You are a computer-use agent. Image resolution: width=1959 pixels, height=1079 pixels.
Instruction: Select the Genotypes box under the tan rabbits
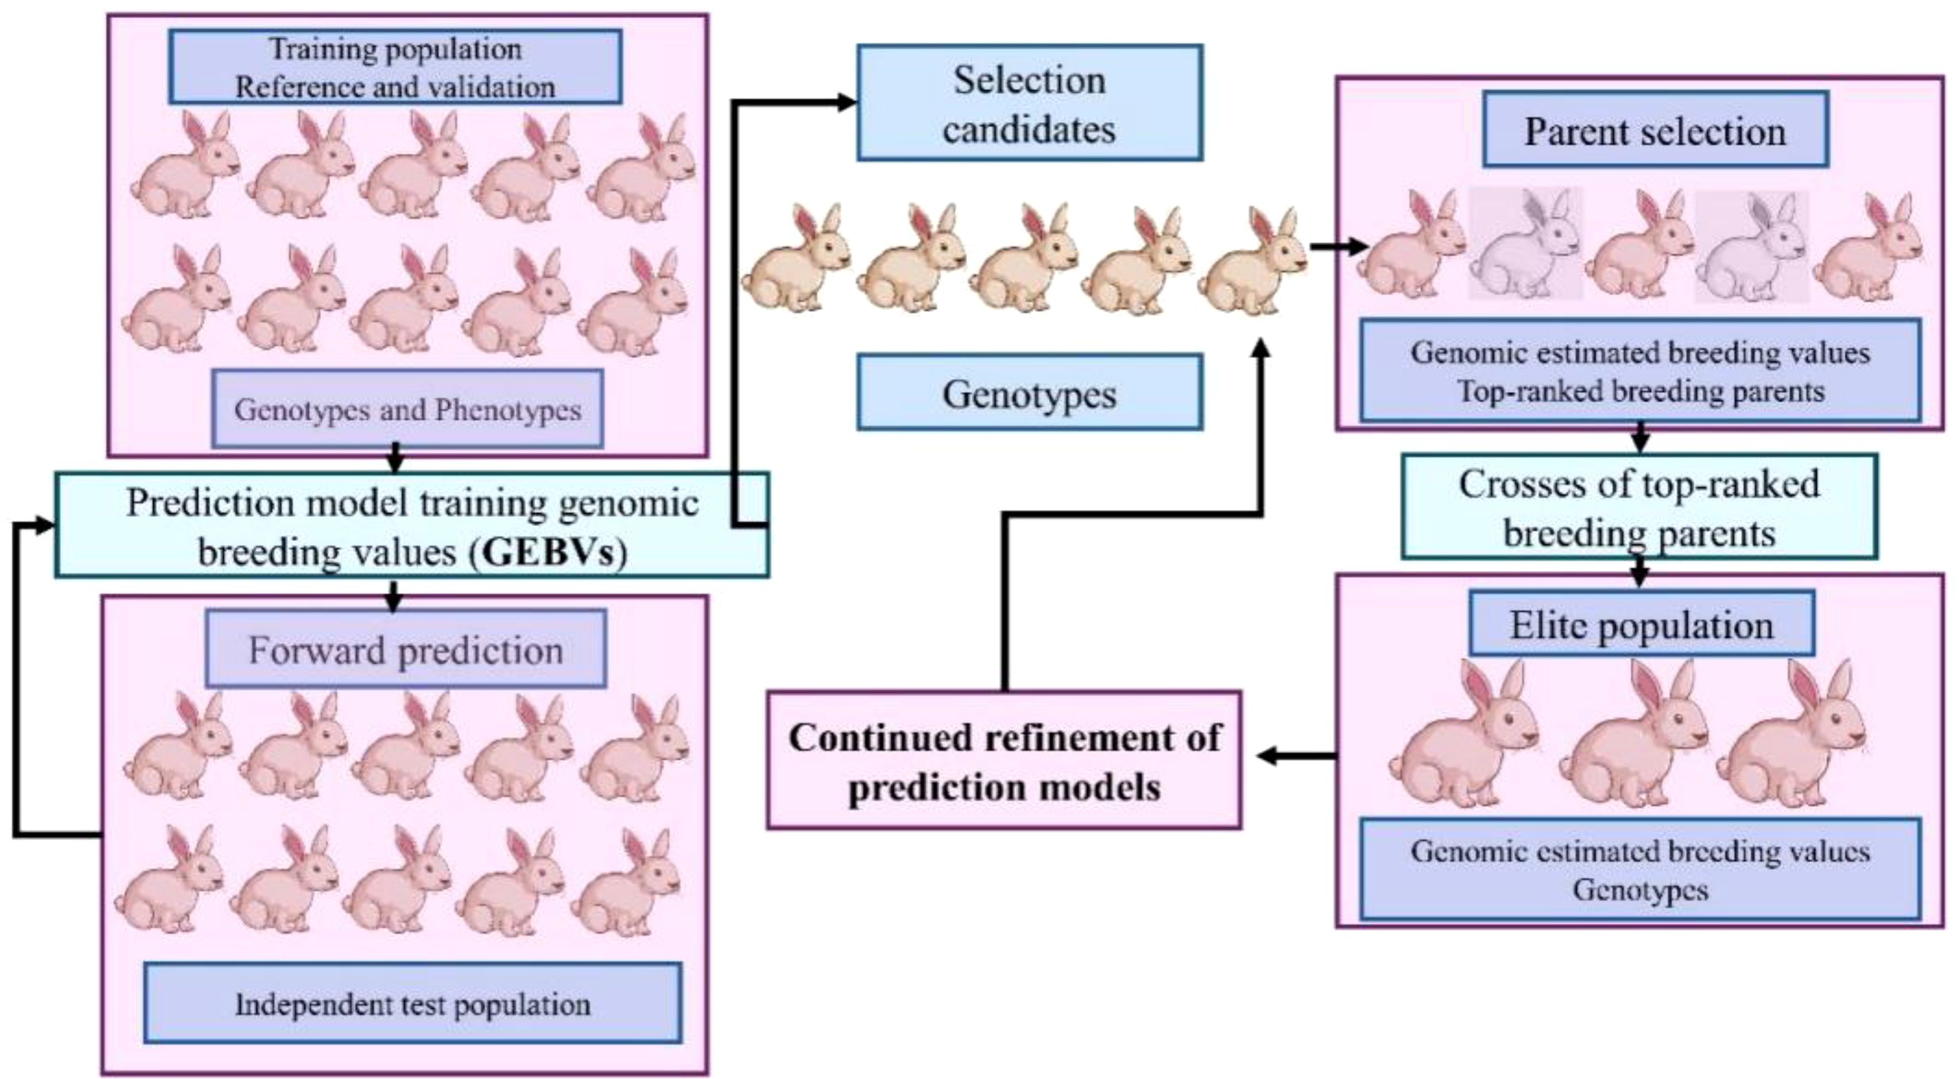1030,393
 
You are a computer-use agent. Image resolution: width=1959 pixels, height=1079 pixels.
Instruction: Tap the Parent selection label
1655,131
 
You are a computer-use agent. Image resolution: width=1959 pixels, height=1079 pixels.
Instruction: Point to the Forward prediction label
405,650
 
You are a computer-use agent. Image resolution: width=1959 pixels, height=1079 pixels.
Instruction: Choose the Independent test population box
413,1004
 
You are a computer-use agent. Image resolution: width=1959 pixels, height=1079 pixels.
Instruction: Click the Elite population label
1641,625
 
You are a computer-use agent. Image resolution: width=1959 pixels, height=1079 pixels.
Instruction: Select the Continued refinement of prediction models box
1004,760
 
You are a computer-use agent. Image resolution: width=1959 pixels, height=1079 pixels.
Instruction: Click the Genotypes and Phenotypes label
407,410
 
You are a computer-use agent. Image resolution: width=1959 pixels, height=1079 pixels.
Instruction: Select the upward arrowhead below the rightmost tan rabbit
1261,348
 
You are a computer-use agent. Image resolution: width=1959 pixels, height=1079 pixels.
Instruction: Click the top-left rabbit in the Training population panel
186,167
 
